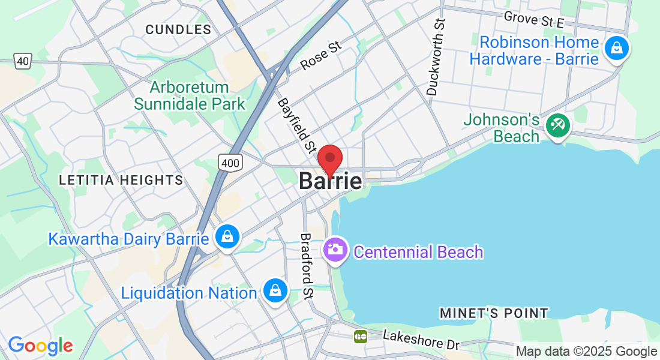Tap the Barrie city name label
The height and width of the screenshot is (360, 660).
(331, 181)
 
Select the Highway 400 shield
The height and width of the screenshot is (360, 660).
(230, 161)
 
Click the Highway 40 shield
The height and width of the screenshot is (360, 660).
(23, 61)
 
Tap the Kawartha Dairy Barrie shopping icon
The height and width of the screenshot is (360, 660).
(228, 237)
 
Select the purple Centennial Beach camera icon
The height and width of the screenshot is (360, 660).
(335, 249)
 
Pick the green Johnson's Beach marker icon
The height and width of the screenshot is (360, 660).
(558, 125)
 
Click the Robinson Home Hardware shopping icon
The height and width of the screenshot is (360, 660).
(616, 49)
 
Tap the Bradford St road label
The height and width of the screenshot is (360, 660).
(307, 266)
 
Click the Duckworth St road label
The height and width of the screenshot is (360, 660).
(437, 58)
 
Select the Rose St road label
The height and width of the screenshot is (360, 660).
(320, 55)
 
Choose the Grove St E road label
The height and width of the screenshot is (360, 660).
(534, 19)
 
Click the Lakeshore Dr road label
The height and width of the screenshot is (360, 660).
(421, 340)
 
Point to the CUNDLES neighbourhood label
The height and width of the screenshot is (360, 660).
(178, 29)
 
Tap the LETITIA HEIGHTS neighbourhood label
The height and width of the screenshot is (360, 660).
(121, 180)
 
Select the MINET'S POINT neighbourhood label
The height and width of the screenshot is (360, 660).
(493, 313)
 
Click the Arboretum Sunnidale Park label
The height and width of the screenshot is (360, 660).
(190, 95)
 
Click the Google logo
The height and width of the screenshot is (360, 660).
(40, 346)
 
